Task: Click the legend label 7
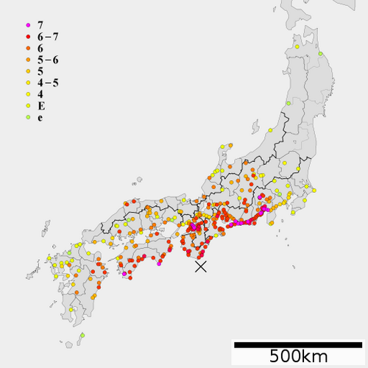point(40,24)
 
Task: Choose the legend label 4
point(40,94)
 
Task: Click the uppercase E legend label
point(40,106)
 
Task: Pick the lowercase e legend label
point(40,118)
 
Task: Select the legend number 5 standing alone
point(40,71)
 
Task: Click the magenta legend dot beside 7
point(27,24)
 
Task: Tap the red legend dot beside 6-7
point(27,36)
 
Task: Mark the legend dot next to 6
point(27,48)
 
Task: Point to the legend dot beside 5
point(27,71)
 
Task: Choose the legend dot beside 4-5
point(27,83)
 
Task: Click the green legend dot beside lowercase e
point(27,118)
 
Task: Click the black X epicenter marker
point(200,266)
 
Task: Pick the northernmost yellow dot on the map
point(297,47)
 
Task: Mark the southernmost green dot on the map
point(67,343)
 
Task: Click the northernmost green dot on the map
point(321,54)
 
